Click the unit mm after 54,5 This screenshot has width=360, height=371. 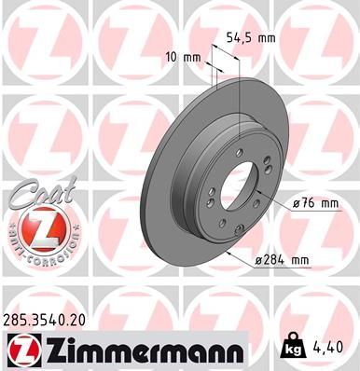tap(269, 38)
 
